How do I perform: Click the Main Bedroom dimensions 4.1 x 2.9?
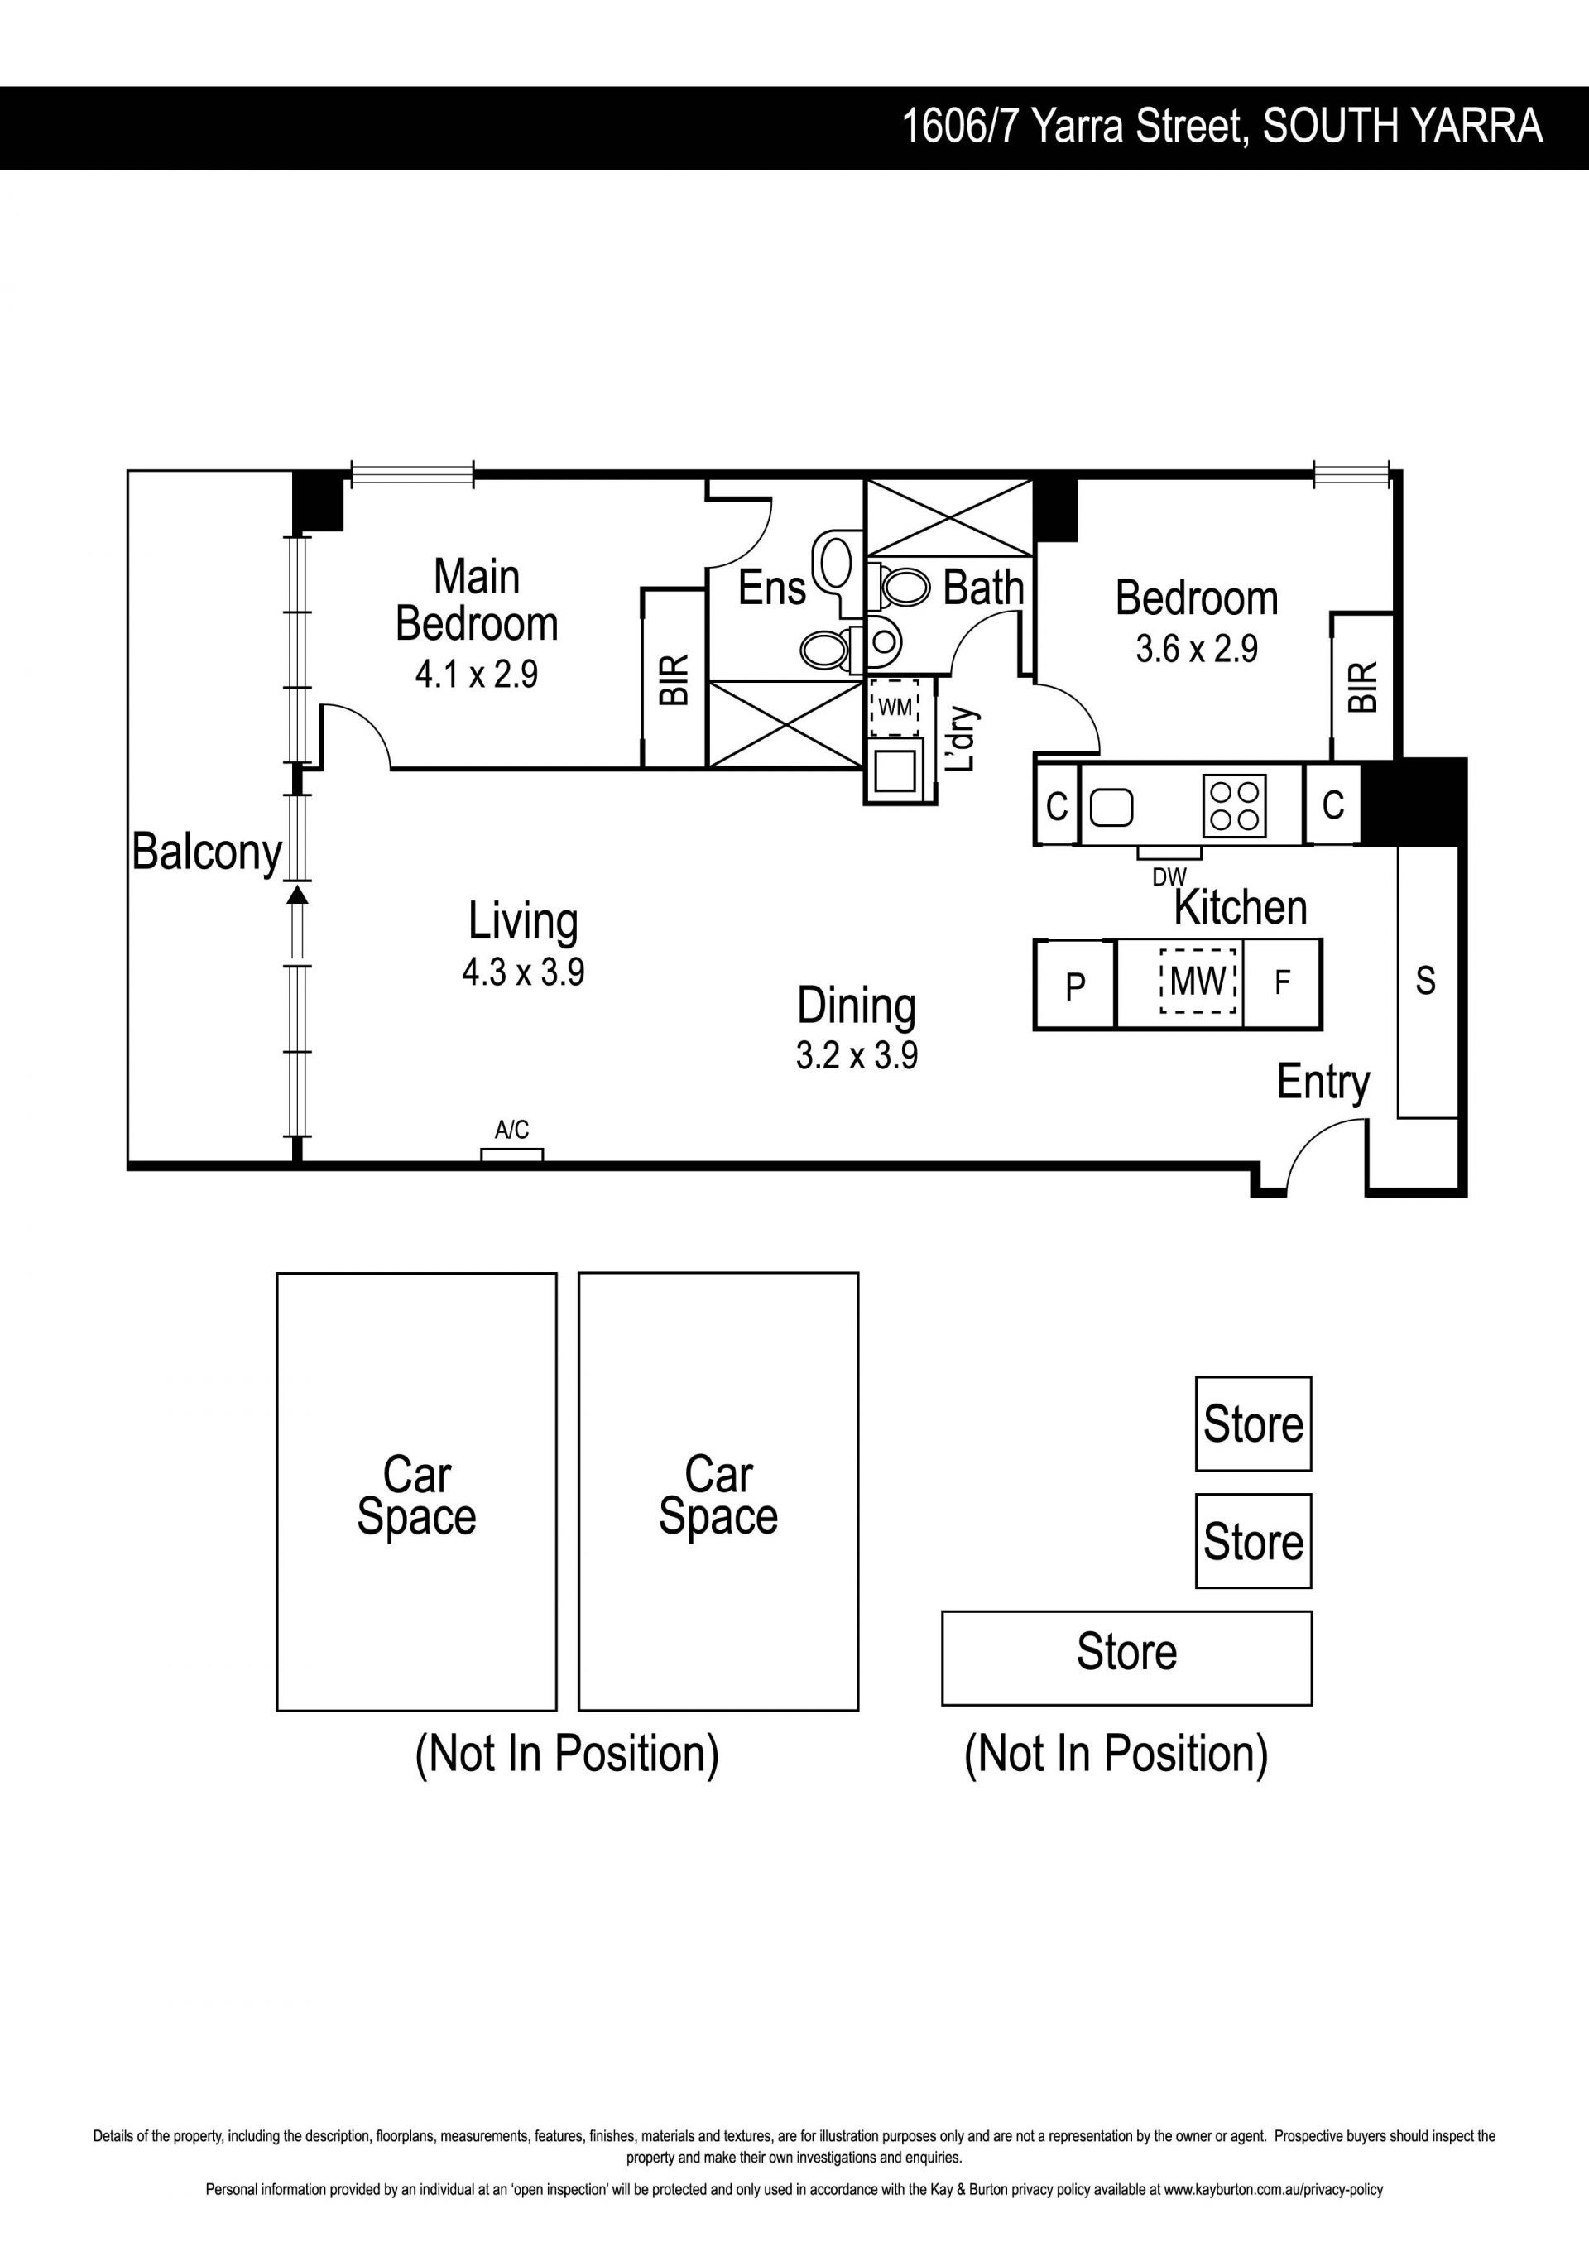click(477, 675)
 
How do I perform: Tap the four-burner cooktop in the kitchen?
click(1235, 805)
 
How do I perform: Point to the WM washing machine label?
click(895, 706)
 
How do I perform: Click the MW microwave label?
click(1198, 980)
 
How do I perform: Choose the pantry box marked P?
click(1075, 985)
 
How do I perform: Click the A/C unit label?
click(511, 1131)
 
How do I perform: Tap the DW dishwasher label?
click(1169, 877)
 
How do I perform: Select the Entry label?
click(1323, 1083)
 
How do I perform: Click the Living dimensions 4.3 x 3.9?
click(524, 972)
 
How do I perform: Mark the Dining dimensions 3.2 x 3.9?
click(857, 1055)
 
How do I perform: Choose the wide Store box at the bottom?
click(1126, 1658)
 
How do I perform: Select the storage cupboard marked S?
click(1427, 981)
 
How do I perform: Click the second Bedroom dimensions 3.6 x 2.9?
click(1197, 649)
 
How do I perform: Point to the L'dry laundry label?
click(961, 739)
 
